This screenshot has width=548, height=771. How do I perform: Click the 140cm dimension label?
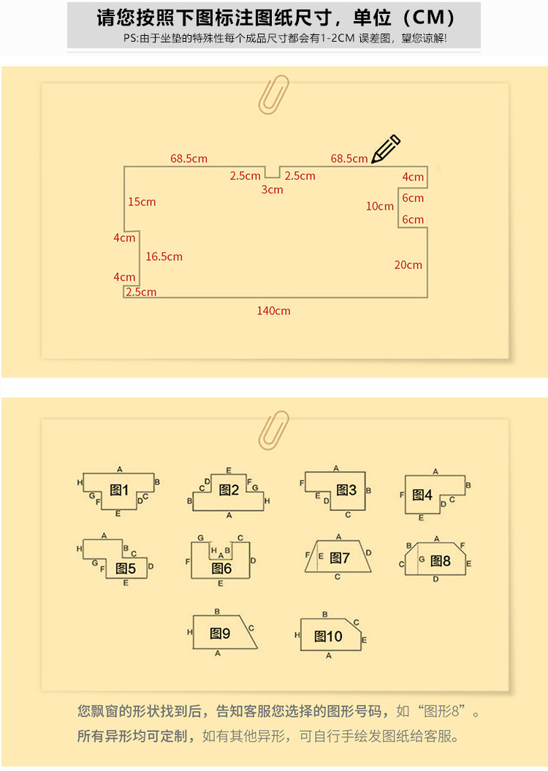[x=273, y=311]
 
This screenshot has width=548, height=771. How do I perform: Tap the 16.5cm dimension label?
[x=164, y=257]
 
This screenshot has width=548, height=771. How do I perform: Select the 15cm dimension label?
[x=142, y=202]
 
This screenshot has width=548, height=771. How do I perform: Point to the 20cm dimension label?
[x=408, y=265]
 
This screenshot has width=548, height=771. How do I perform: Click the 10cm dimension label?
[x=379, y=206]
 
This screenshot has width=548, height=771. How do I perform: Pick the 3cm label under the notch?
[x=272, y=189]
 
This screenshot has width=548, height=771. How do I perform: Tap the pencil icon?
[x=386, y=148]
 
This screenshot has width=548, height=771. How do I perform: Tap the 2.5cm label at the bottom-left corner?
[x=141, y=292]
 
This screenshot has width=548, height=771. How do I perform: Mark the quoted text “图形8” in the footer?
[x=441, y=711]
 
